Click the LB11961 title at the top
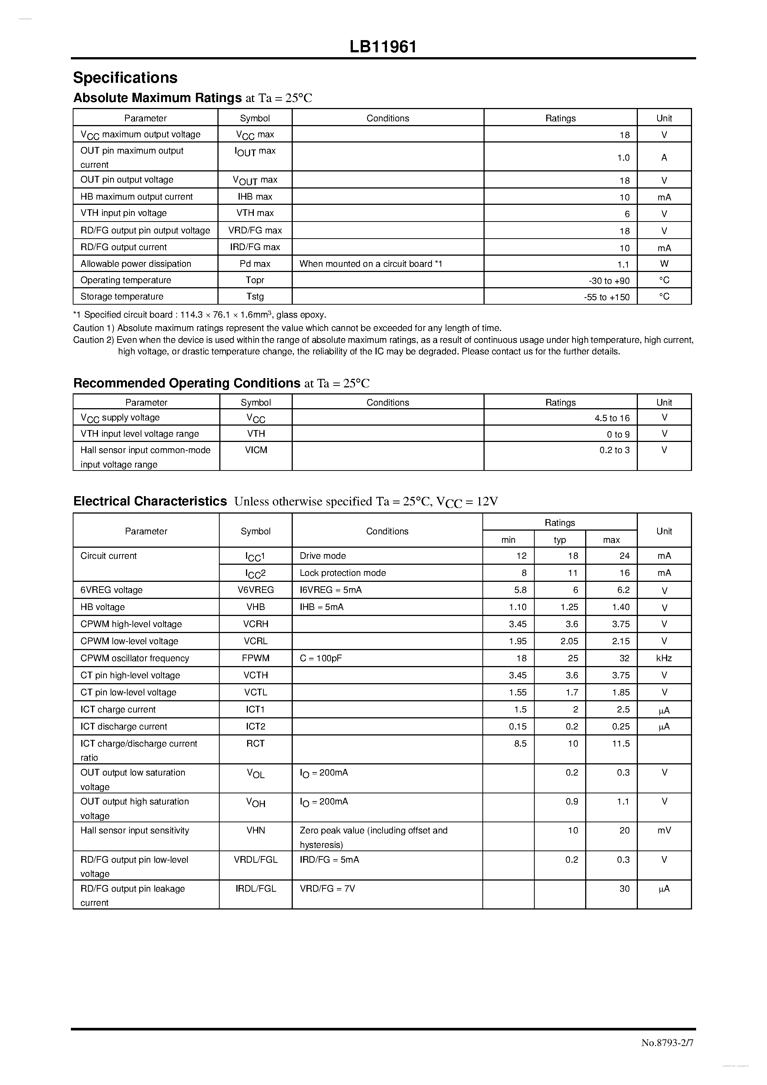383,47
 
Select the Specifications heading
125,78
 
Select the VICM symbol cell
256,450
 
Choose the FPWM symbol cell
256,658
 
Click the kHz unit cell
663,658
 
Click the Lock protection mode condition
342,573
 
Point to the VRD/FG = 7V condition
327,888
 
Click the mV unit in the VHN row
663,830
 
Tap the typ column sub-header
560,540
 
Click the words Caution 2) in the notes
94,340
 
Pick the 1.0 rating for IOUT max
623,158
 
